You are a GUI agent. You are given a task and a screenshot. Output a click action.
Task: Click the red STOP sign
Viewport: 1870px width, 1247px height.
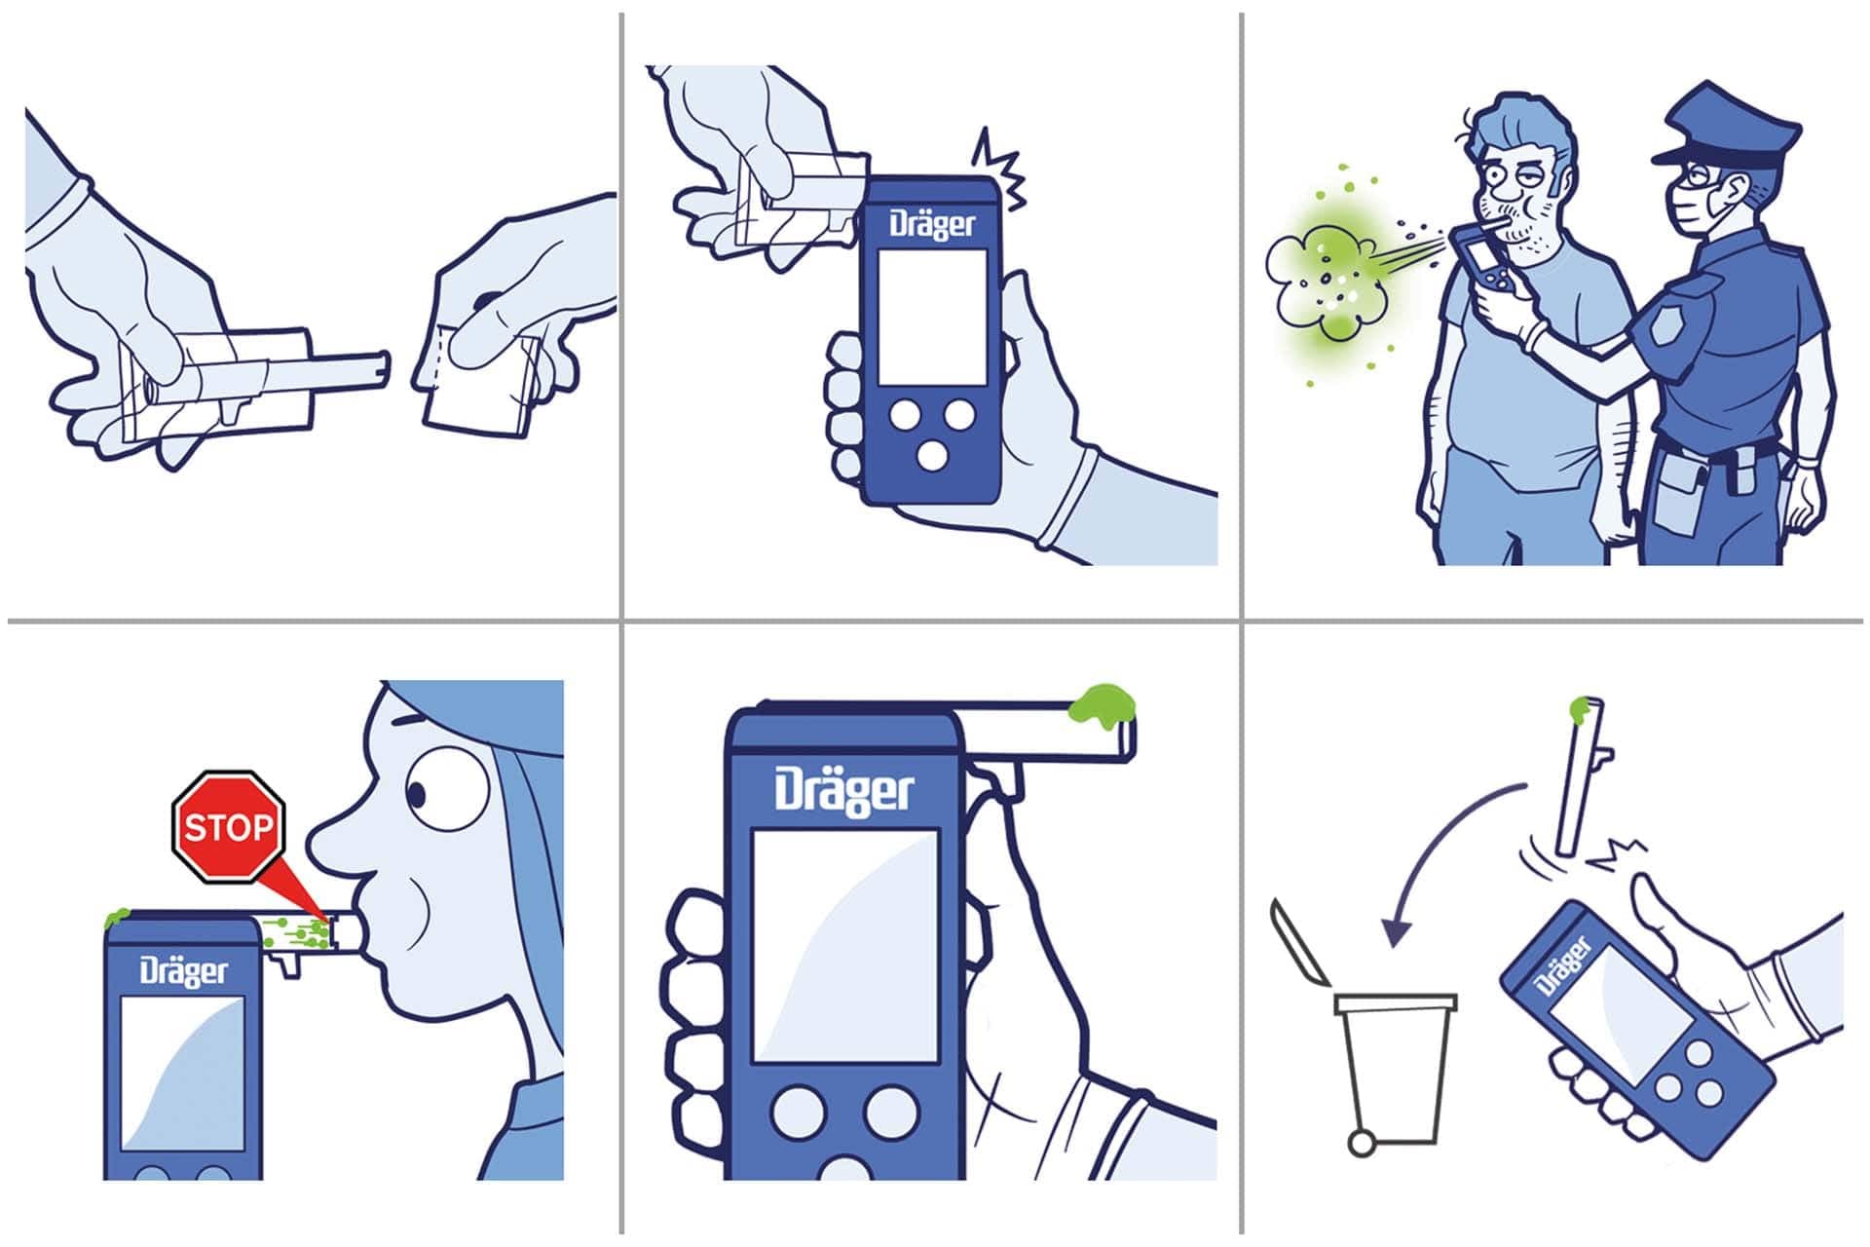tap(228, 827)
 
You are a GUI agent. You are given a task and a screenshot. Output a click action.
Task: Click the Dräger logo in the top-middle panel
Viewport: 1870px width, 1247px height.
tap(931, 225)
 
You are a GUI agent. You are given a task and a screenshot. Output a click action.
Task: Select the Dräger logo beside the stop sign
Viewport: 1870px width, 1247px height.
tap(183, 970)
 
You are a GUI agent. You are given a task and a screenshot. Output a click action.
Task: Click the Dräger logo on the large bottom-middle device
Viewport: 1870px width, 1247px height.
tap(844, 791)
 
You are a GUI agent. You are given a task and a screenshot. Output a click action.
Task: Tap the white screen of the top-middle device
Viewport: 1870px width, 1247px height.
tap(932, 317)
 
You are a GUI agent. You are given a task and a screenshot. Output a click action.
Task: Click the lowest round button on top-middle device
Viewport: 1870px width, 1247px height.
tap(932, 455)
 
